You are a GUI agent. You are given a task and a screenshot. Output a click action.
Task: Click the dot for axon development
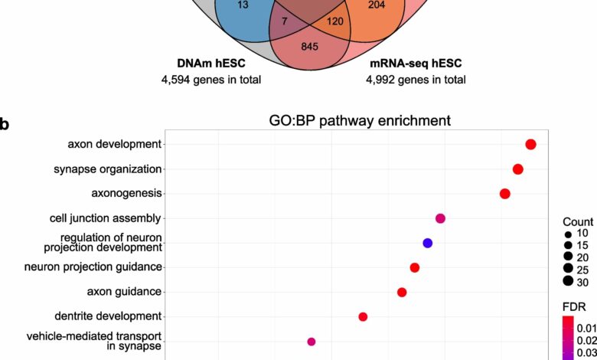pos(530,144)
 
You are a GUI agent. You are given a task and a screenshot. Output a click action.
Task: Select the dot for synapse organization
pos(518,169)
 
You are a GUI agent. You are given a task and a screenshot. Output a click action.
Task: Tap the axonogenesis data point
pos(505,194)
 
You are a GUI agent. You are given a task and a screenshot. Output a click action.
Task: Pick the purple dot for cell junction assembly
pos(440,218)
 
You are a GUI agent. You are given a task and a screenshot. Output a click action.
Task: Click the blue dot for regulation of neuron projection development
pos(428,243)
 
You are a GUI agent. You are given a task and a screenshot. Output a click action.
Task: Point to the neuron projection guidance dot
pos(415,267)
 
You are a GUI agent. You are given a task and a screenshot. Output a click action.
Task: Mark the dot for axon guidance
pos(402,292)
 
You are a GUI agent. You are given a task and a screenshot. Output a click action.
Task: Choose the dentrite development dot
pos(363,316)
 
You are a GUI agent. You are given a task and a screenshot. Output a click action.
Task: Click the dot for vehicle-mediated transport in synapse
pos(312,342)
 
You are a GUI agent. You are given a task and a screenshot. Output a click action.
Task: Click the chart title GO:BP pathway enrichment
pos(360,120)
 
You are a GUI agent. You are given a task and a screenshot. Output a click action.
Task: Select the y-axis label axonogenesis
pos(127,193)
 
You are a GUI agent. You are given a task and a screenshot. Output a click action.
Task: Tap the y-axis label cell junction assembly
pos(106,218)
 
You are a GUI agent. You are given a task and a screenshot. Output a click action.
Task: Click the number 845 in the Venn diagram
pos(309,47)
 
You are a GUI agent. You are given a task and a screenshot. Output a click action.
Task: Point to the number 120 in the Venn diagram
pos(335,21)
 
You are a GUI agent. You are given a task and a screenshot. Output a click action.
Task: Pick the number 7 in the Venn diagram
pos(285,21)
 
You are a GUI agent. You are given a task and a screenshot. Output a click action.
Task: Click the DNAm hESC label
pos(211,63)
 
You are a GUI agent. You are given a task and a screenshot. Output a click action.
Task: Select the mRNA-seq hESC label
pos(416,63)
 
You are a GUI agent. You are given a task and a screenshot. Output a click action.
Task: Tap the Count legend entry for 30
pos(576,282)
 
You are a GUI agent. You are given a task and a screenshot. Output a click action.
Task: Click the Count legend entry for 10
pos(577,233)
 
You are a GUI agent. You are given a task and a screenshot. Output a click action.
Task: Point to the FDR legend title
pos(574,306)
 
